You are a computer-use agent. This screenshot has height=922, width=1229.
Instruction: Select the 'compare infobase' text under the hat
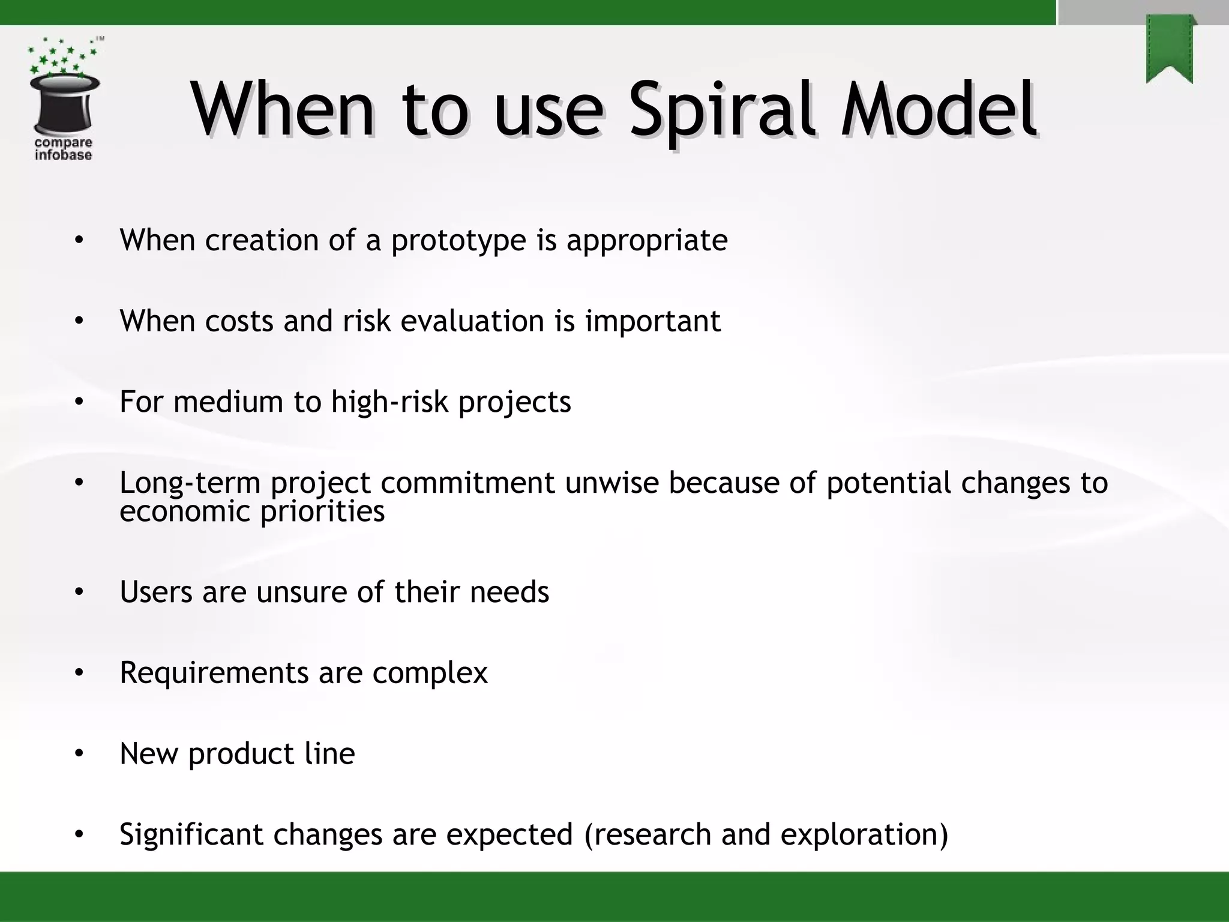click(x=63, y=149)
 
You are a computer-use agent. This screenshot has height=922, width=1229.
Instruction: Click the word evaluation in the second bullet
click(x=472, y=321)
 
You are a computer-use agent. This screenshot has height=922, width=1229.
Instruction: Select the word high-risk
click(x=390, y=402)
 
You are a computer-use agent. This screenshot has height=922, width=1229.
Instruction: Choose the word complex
click(x=430, y=673)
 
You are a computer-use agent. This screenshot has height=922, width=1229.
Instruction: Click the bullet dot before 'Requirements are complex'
click(x=79, y=673)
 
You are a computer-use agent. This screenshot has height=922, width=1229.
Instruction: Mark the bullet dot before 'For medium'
click(x=79, y=402)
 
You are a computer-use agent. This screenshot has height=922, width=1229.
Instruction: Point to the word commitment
click(x=467, y=483)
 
